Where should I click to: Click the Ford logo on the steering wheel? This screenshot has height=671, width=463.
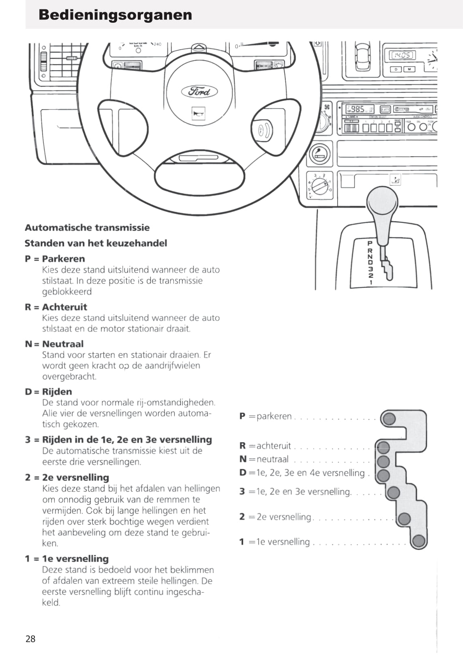[x=199, y=91]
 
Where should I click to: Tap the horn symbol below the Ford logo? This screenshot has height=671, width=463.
[x=198, y=113]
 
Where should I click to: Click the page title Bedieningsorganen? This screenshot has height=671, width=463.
[x=115, y=15]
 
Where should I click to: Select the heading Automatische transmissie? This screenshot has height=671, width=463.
[x=87, y=228]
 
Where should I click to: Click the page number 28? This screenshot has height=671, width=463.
[x=30, y=639]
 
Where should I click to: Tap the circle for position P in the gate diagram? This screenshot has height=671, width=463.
[x=389, y=418]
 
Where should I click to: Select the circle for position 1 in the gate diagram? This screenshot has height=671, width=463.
[x=418, y=541]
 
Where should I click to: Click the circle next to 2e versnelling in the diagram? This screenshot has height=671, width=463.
[x=404, y=518]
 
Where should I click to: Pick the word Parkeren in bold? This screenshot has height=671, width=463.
[x=63, y=259]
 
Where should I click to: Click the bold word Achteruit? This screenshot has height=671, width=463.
[x=64, y=307]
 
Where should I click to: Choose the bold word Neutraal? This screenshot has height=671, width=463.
[x=63, y=344]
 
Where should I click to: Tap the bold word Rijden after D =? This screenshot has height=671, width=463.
[x=57, y=392]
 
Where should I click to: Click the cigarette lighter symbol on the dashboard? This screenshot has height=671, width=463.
[x=319, y=154]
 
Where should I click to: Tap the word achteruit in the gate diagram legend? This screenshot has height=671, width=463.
[x=274, y=446]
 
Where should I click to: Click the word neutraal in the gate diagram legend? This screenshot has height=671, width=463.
[x=272, y=459]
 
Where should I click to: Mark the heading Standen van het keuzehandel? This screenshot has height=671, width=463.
[x=96, y=243]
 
